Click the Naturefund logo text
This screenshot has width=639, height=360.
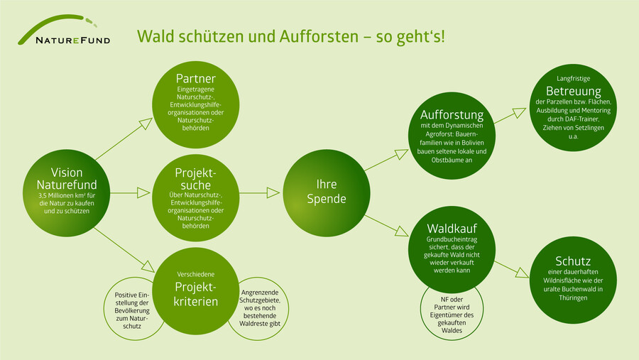click(x=73, y=40)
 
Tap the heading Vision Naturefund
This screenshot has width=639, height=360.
click(x=67, y=178)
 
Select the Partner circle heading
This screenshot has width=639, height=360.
click(x=195, y=78)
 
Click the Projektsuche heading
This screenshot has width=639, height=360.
click(x=195, y=180)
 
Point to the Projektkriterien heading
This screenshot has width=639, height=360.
click(x=195, y=294)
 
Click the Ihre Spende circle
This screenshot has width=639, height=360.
click(x=326, y=192)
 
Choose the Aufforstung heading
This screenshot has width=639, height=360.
click(x=452, y=115)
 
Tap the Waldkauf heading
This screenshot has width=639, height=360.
click(x=452, y=229)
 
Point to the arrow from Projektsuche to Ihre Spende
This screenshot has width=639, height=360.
click(x=261, y=192)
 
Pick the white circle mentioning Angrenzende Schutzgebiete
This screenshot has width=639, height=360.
click(x=259, y=307)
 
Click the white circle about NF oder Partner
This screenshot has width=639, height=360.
click(x=452, y=312)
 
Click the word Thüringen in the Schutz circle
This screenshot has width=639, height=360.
click(x=574, y=298)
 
